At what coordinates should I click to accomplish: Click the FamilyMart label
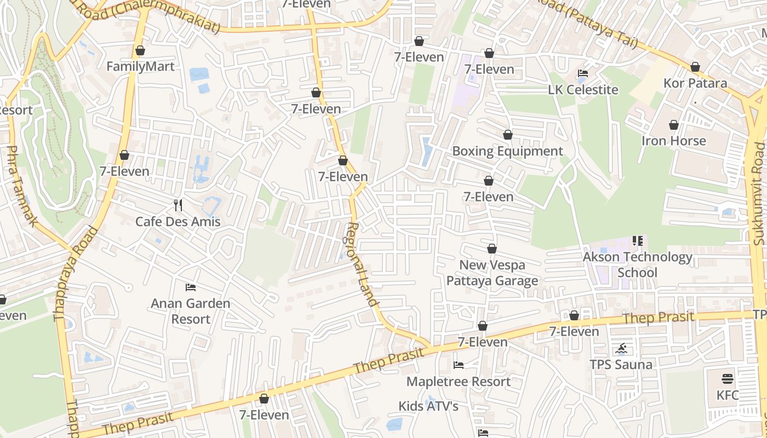[x=140, y=67]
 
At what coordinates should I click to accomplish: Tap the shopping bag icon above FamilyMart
[x=140, y=50]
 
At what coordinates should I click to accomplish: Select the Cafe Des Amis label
[x=178, y=222]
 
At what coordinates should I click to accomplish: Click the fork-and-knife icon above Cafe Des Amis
[x=178, y=205]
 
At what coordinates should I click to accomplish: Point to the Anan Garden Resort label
[x=191, y=311]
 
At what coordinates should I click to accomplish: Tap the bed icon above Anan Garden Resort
[x=191, y=287]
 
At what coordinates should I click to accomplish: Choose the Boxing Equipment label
[x=508, y=151]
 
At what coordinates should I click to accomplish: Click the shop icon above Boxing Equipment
[x=508, y=135]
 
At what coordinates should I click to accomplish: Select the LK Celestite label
[x=583, y=90]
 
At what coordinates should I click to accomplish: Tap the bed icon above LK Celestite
[x=583, y=73]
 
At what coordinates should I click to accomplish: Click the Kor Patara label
[x=695, y=83]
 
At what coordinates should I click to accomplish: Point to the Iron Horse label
[x=674, y=141]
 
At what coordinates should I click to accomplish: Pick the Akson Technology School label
[x=638, y=264]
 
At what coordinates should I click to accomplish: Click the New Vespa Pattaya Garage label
[x=492, y=273]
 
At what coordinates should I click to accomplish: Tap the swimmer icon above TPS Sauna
[x=621, y=349]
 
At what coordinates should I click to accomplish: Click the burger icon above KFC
[x=728, y=379]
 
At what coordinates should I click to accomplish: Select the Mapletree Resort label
[x=459, y=382]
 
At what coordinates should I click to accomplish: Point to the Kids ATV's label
[x=428, y=406]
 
